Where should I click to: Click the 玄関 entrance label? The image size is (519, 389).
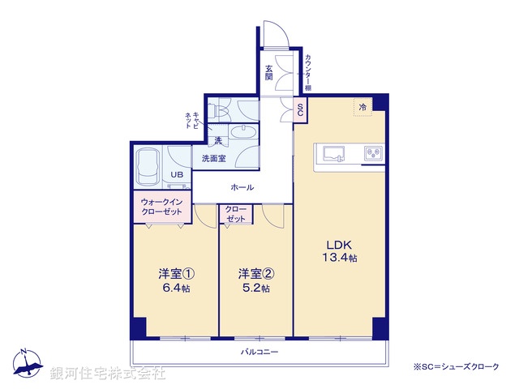pos(268,73)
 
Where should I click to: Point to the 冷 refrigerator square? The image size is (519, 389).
pos(362,107)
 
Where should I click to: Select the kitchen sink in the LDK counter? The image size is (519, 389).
pos(334,152)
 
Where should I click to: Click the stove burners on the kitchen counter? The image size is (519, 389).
pos(374,152)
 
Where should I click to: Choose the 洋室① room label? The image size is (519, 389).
pos(174,274)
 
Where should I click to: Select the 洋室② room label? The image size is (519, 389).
pos(254,274)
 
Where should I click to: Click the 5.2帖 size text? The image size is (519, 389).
pos(254,288)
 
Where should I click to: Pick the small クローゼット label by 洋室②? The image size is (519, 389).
pos(236,215)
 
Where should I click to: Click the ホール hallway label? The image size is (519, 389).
pos(242,187)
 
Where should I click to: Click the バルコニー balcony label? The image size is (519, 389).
pos(259,352)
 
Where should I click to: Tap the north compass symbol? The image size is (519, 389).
pos(27,363)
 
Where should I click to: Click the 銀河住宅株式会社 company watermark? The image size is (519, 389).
pos(108,374)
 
